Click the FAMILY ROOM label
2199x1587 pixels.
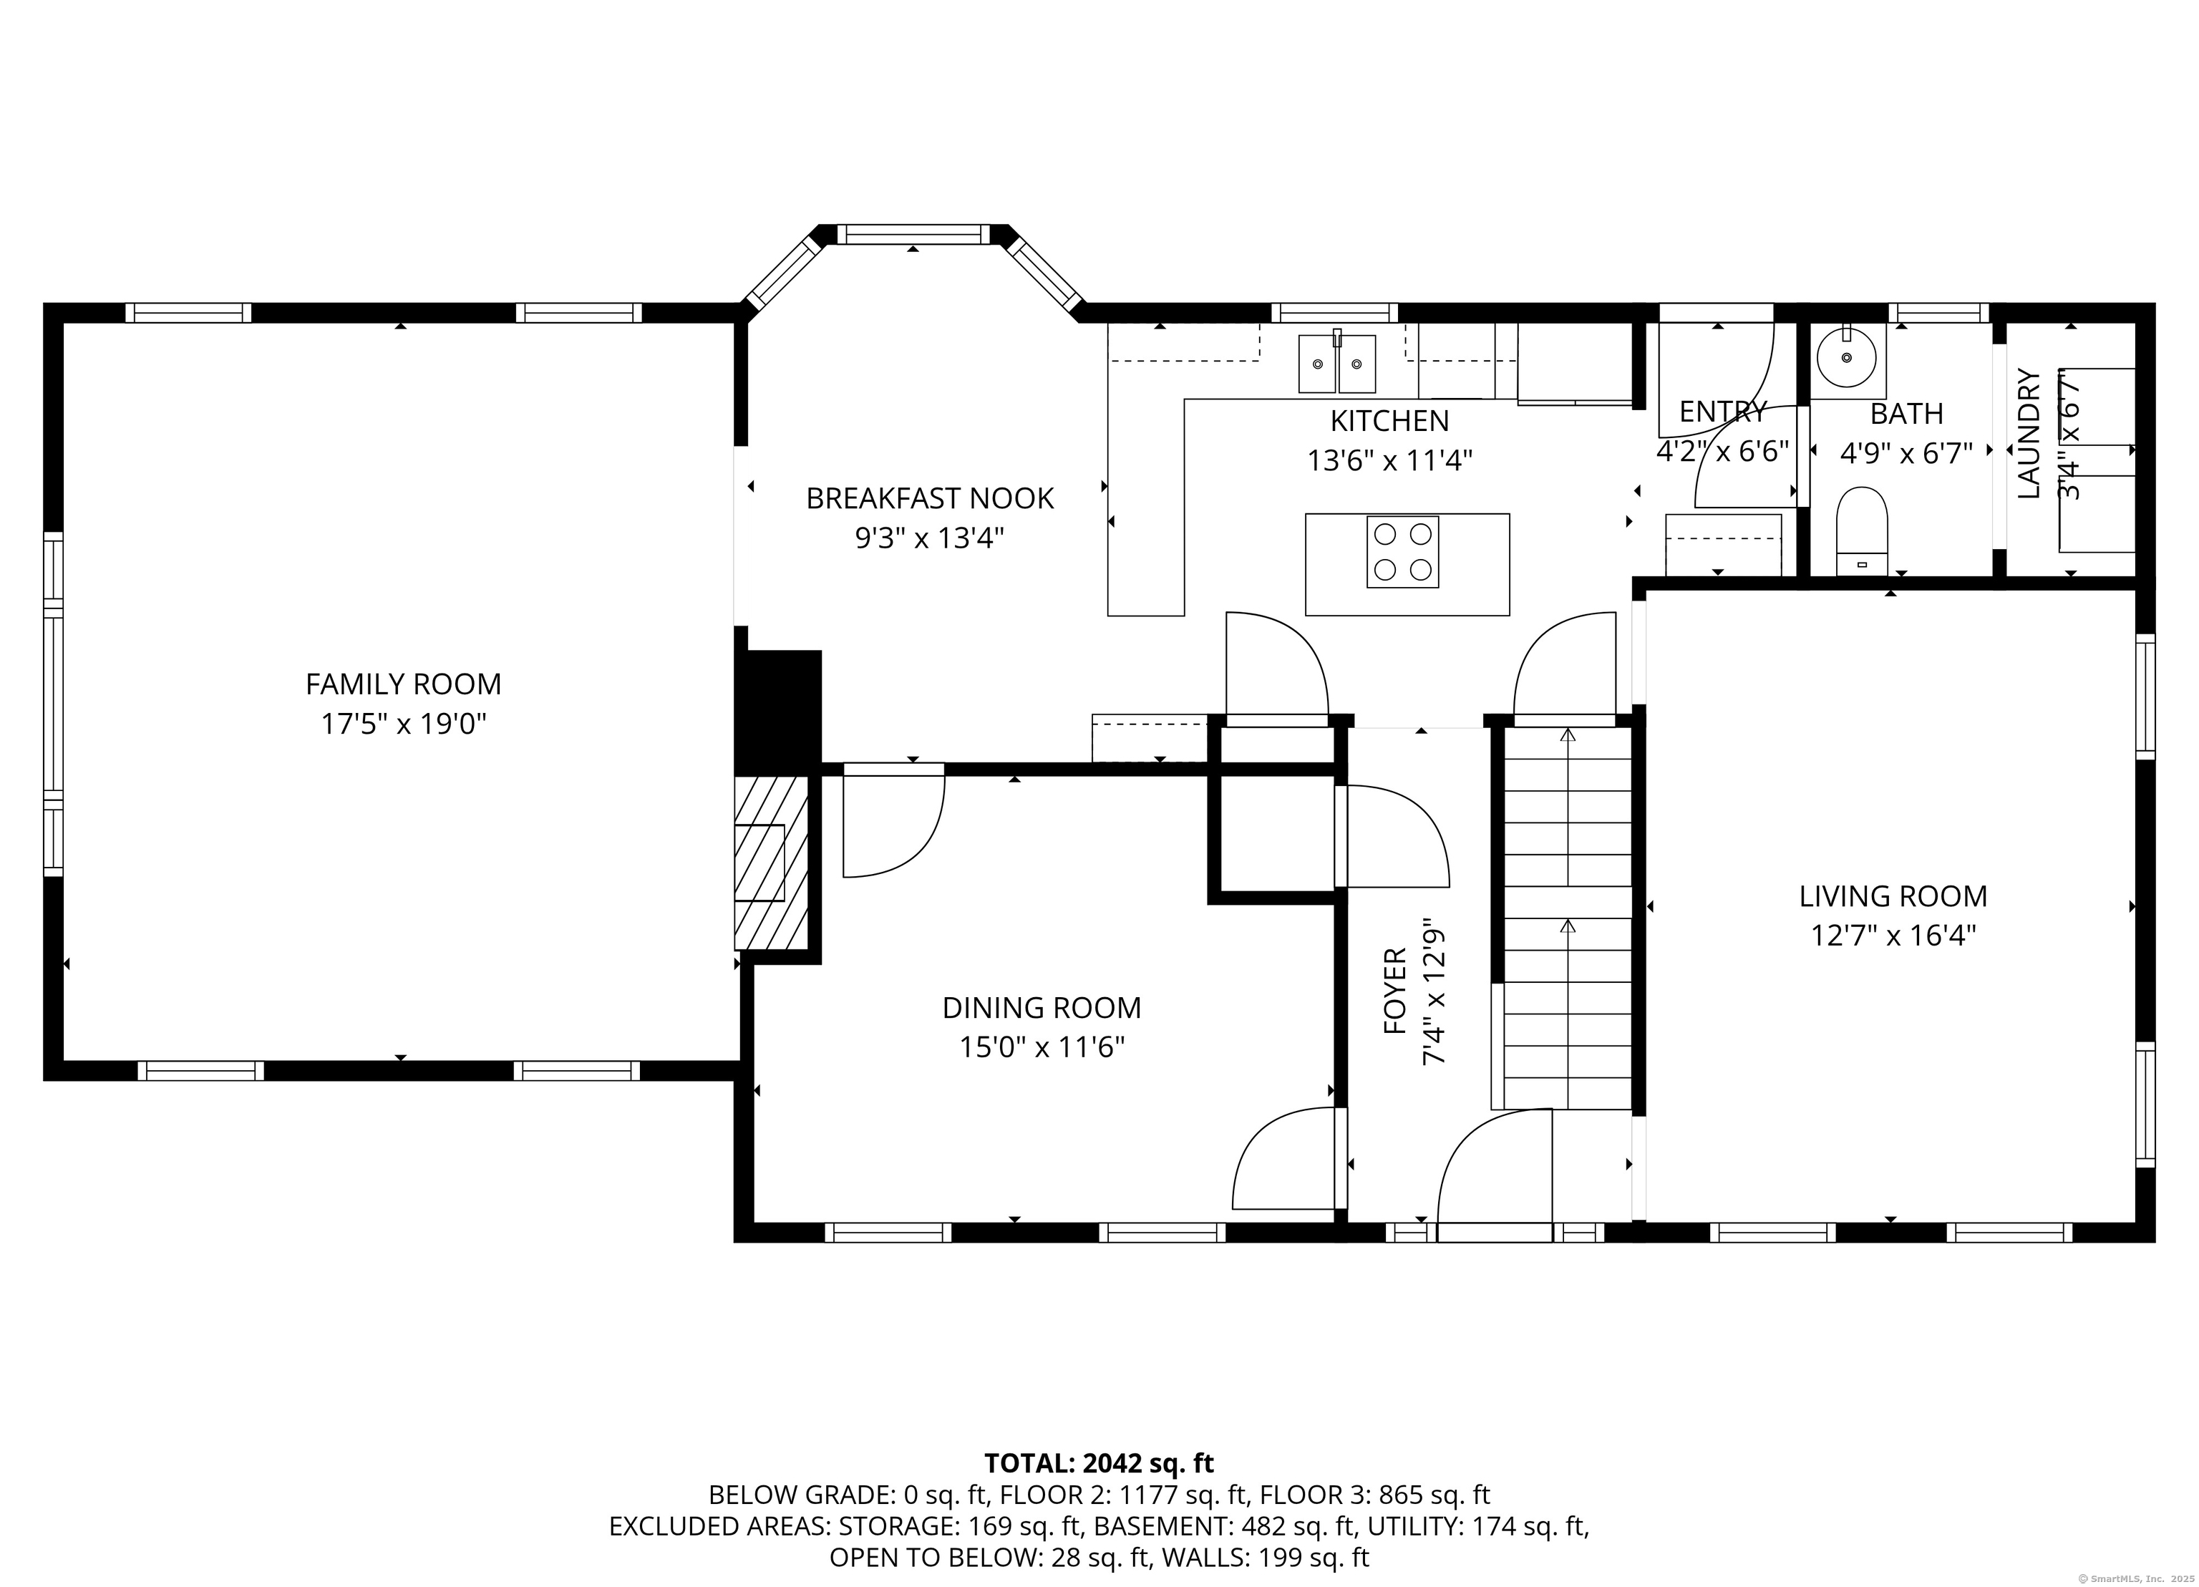(x=403, y=684)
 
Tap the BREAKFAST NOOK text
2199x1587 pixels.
(x=930, y=498)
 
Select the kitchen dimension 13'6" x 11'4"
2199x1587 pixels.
(x=1389, y=460)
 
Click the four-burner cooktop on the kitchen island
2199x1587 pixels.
(x=1403, y=553)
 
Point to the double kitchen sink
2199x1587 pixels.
(x=1338, y=364)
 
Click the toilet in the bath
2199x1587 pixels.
(x=1863, y=531)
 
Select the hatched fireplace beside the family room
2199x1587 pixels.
(x=771, y=863)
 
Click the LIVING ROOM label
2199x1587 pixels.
(x=1893, y=897)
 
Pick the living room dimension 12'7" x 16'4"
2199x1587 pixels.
(x=1893, y=936)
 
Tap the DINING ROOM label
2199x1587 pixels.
(x=1042, y=1008)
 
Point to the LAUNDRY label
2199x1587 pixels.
(x=2029, y=435)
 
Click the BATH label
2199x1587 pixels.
(x=1906, y=414)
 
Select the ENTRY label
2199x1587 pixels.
(x=1723, y=412)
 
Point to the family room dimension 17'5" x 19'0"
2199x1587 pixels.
(x=403, y=724)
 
